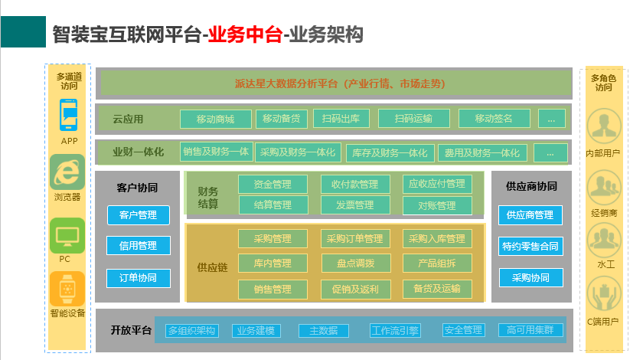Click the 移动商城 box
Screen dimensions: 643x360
[216, 119]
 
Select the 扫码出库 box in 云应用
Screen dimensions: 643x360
[341, 119]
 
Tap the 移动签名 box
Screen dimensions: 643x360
[494, 119]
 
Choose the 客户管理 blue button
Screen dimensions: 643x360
[139, 215]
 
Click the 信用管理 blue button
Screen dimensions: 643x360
[139, 245]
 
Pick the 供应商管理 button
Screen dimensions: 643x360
[530, 215]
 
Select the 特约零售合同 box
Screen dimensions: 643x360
[530, 247]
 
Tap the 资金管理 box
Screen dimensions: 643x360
[273, 185]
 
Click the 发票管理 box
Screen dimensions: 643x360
[355, 205]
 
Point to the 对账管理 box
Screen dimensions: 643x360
[437, 205]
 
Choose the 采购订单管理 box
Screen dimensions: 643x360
[355, 238]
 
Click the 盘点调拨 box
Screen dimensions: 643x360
[356, 263]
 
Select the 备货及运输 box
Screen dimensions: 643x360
[437, 289]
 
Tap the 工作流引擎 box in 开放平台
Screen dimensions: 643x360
[395, 330]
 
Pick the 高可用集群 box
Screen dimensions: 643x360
[530, 330]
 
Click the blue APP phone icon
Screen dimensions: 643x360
[68, 115]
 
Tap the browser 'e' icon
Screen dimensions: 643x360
[67, 172]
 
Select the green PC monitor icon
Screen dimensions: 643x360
[67, 236]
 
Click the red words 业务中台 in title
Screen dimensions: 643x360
[245, 34]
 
